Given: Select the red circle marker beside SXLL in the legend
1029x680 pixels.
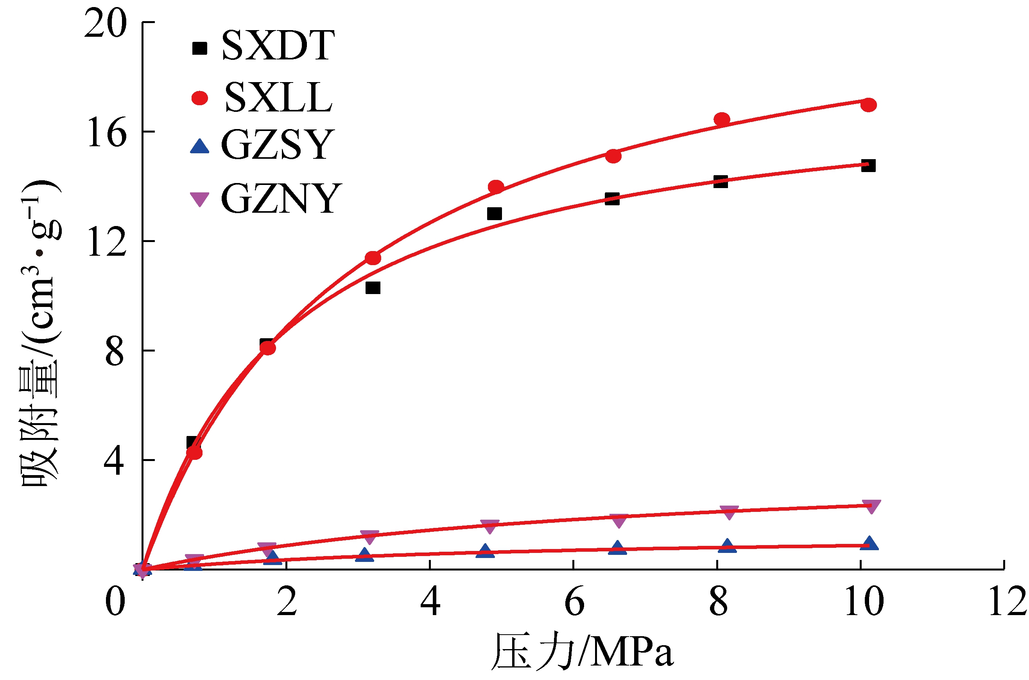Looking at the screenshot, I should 199,98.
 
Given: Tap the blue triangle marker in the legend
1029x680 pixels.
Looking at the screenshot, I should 199,147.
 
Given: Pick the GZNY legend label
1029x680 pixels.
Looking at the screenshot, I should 281,199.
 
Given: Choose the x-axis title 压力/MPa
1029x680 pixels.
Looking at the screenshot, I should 583,652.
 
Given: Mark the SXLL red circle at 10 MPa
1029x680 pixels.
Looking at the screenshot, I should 868,105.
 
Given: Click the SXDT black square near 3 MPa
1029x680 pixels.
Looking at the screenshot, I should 373,287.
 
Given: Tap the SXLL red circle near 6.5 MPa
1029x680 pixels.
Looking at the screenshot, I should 613,156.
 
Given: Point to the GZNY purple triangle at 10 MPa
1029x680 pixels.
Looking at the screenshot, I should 871,506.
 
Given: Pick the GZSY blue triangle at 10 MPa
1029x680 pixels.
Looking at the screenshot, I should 869,544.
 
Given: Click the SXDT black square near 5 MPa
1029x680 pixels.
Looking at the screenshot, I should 494,214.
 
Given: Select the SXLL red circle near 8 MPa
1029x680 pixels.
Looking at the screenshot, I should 722,119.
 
